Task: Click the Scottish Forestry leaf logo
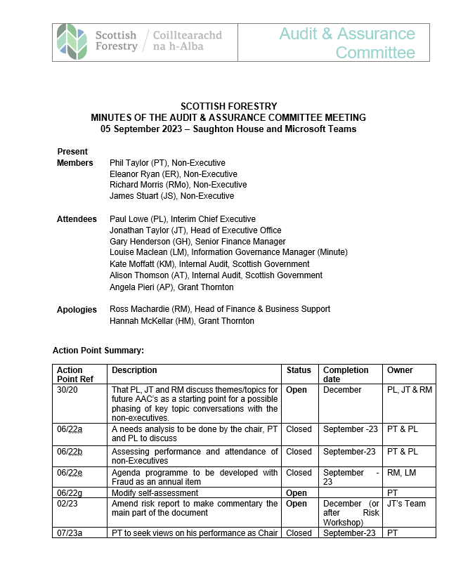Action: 72,41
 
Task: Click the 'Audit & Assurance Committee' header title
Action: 347,43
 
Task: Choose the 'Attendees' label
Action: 77,219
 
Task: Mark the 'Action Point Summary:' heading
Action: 98,350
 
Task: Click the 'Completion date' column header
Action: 345,374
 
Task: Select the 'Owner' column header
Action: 400,370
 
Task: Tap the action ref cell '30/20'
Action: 67,390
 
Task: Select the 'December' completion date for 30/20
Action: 342,390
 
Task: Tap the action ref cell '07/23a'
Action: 70,533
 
